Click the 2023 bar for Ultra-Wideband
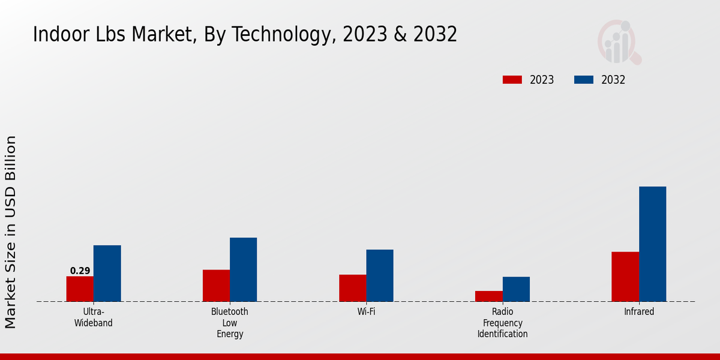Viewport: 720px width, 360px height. (x=80, y=289)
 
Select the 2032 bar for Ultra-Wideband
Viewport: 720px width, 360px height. (x=107, y=273)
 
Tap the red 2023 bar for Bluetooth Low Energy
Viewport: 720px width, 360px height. (x=216, y=286)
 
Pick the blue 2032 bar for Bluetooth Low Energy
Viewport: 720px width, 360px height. (x=243, y=269)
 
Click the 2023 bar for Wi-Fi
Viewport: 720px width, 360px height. (x=353, y=288)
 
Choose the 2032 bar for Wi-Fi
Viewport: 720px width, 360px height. (x=380, y=275)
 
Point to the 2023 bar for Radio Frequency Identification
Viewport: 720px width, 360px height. (x=489, y=296)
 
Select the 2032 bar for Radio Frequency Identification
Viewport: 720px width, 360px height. (x=516, y=289)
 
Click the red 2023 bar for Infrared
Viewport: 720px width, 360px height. (x=625, y=277)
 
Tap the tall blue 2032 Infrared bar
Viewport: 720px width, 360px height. (x=652, y=244)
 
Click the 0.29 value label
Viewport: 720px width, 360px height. (x=80, y=271)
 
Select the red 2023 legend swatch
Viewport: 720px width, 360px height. (x=512, y=80)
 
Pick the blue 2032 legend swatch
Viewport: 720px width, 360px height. (x=584, y=80)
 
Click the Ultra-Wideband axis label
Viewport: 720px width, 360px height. (x=93, y=317)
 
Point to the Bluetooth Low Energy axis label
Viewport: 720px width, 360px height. (x=230, y=323)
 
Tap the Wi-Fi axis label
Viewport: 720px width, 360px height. (x=366, y=312)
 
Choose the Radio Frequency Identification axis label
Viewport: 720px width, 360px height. (x=503, y=323)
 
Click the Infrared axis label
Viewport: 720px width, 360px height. (x=639, y=312)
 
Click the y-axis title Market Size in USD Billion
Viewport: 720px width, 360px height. (x=11, y=232)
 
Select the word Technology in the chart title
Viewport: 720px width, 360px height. (x=283, y=35)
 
